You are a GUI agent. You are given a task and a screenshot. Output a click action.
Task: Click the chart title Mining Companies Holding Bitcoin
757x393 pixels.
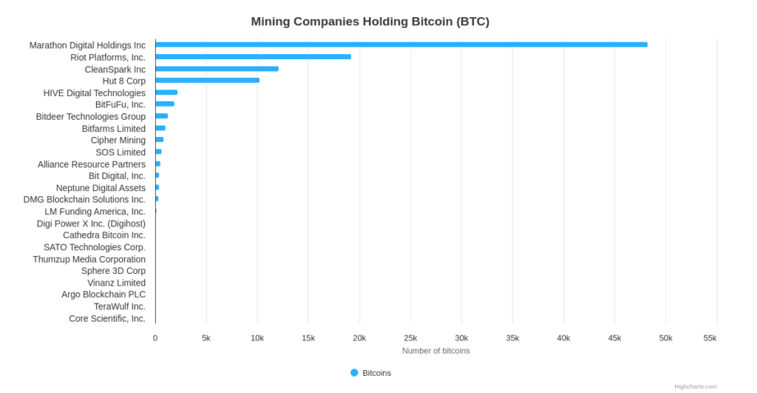370,21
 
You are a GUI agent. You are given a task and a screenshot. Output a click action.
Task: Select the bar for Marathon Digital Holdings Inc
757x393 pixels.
401,44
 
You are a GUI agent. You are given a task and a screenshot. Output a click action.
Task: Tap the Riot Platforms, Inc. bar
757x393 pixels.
253,57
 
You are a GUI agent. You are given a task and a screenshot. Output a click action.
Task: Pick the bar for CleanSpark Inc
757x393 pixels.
217,69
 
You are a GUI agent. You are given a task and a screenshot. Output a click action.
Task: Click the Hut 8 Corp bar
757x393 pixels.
207,80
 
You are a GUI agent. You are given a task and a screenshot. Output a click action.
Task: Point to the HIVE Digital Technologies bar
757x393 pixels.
166,93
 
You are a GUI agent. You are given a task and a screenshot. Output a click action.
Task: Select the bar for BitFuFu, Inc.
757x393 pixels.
165,104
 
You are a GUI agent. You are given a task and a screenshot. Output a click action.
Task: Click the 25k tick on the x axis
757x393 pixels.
410,338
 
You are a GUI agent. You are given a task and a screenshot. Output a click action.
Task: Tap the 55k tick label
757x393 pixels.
710,338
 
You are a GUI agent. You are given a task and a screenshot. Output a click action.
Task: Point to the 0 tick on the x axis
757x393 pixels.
155,338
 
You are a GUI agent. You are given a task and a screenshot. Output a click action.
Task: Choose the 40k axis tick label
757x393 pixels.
563,338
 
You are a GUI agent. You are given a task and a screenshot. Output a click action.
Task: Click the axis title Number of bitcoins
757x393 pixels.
435,351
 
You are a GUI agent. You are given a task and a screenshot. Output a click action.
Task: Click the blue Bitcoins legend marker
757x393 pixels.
354,373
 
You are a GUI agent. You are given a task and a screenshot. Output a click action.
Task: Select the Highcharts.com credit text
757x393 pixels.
695,386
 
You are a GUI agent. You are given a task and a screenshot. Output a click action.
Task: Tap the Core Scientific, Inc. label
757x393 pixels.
107,319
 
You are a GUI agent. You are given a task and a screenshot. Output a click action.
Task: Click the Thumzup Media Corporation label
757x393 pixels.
89,259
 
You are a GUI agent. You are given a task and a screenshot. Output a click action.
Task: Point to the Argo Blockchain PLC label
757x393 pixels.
103,295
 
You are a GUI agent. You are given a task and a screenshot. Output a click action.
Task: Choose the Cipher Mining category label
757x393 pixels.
118,140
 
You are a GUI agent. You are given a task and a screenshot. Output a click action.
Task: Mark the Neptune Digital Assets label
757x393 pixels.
101,188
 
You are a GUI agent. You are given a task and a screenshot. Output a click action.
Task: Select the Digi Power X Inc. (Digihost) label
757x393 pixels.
91,224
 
